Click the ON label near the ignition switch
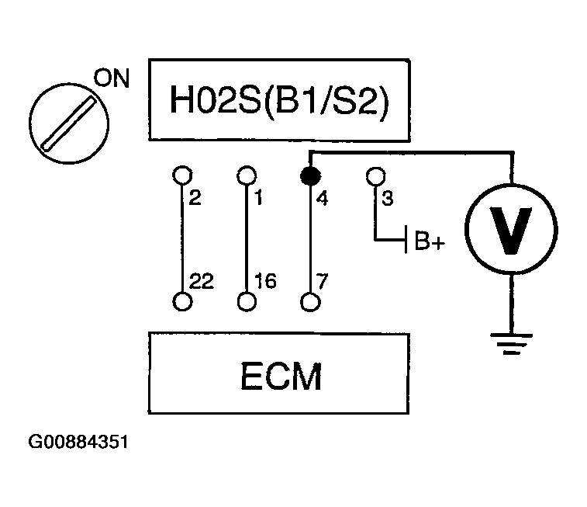point(112,78)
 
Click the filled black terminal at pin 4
point(311,175)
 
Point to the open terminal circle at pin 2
point(183,175)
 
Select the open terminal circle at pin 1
point(247,175)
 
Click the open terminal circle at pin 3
point(376,175)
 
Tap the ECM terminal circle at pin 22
point(183,302)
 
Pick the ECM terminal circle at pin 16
point(247,302)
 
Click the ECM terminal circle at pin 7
point(311,302)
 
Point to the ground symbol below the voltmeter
point(511,344)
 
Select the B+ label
point(430,241)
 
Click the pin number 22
point(202,281)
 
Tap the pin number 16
point(265,281)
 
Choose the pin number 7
point(322,281)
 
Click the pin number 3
point(388,198)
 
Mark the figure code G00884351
point(78,442)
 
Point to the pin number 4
point(323,198)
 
